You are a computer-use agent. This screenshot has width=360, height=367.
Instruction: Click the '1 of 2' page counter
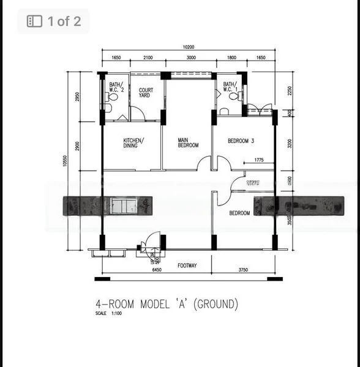tap(54, 21)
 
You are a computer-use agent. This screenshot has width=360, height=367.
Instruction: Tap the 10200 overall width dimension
tap(189, 47)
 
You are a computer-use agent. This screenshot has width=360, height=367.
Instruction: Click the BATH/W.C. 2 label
tap(116, 87)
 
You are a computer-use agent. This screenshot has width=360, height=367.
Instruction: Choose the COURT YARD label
tap(146, 93)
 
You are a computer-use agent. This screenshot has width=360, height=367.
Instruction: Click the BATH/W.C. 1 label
tap(230, 87)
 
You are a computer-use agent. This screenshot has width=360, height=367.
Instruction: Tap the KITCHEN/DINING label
tap(133, 143)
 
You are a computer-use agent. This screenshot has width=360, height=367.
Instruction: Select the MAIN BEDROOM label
tap(188, 143)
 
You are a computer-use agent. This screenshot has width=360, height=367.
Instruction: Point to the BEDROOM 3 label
tap(241, 141)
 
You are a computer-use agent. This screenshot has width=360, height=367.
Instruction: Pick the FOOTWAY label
tap(187, 265)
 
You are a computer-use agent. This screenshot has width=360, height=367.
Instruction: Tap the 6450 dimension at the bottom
tap(156, 269)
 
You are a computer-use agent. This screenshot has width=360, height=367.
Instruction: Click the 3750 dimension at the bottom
tap(243, 269)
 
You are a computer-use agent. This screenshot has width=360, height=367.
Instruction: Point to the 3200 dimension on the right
tap(290, 144)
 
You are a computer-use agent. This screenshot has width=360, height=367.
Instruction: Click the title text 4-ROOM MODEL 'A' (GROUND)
tap(167, 304)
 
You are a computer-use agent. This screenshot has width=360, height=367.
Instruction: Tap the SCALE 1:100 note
tap(109, 314)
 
